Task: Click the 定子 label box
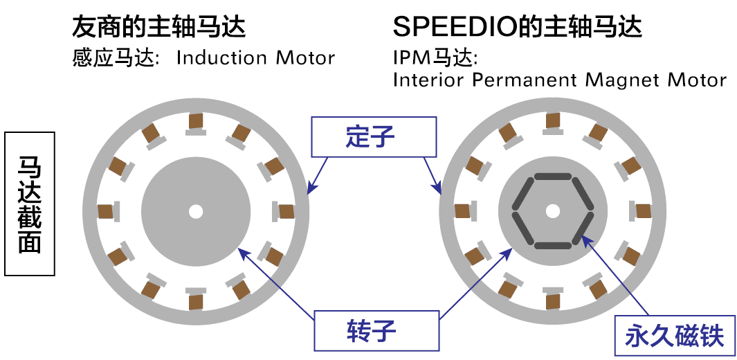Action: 374,136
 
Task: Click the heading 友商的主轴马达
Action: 159,27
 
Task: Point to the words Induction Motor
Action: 255,57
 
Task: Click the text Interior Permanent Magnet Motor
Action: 559,80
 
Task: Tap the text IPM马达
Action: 435,57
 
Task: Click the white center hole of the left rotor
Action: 196,210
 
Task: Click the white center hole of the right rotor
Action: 552,210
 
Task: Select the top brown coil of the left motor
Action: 196,121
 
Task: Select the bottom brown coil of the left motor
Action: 196,302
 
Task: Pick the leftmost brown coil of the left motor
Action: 106,211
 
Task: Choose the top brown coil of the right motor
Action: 552,120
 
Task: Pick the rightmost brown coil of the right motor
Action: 643,211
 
